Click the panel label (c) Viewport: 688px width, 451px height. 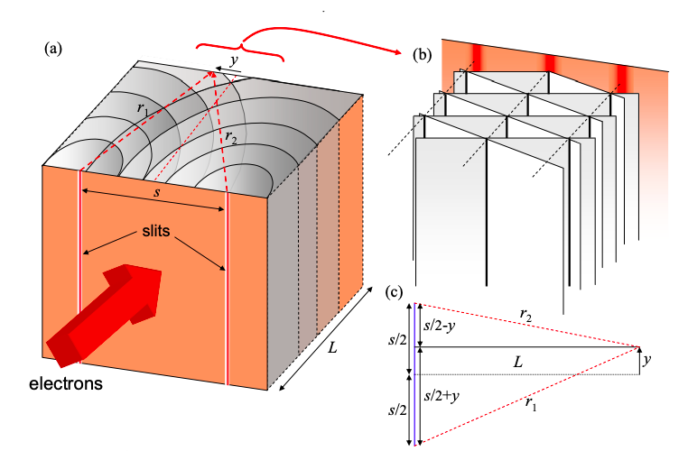click(x=395, y=291)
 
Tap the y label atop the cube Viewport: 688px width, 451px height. click(x=234, y=60)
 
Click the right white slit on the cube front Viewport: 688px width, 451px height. click(x=226, y=289)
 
